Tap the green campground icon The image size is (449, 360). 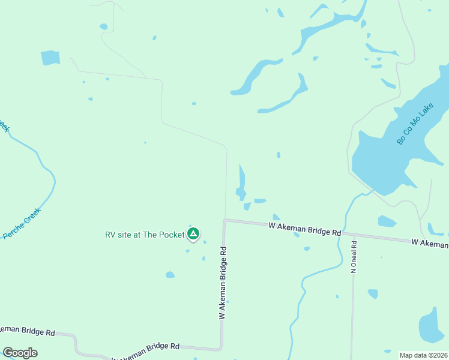coord(193,233)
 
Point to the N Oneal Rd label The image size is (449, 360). coord(354,257)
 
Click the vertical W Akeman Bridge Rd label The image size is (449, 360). coord(223,282)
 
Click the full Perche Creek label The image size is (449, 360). coord(22,223)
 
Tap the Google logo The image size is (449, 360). coord(20,352)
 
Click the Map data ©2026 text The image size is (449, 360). coord(423,355)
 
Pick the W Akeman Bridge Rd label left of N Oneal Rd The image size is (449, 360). coord(304,228)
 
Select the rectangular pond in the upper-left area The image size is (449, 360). coord(50,58)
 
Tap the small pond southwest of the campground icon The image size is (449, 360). coord(170,275)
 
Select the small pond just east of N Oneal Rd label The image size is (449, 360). coord(373,293)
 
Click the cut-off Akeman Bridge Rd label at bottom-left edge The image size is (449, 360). coord(27,331)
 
